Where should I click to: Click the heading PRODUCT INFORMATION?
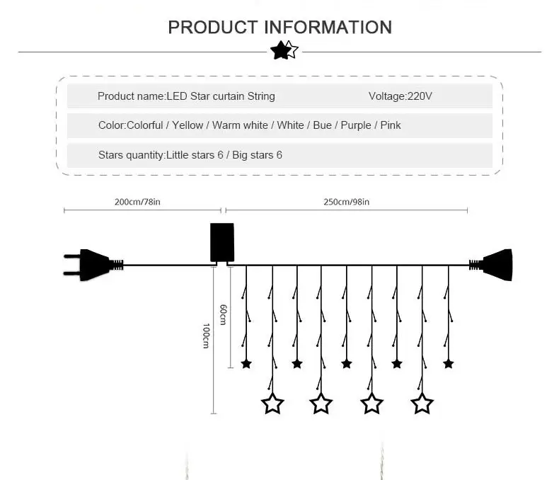(279, 28)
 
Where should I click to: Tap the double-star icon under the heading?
(284, 50)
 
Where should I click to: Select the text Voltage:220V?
(400, 96)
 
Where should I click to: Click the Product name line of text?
(186, 96)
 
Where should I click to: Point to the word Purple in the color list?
(356, 125)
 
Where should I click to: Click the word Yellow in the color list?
(188, 125)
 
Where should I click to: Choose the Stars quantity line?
(190, 154)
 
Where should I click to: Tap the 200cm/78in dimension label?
(137, 202)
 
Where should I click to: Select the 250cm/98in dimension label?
(346, 202)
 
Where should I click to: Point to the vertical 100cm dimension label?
(206, 336)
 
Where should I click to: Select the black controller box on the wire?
(221, 243)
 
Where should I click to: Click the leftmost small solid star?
(246, 364)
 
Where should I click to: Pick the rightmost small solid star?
(448, 364)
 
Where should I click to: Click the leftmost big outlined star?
(272, 404)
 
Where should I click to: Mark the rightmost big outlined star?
(422, 404)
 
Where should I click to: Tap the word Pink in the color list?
(391, 125)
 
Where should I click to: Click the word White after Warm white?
(290, 125)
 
